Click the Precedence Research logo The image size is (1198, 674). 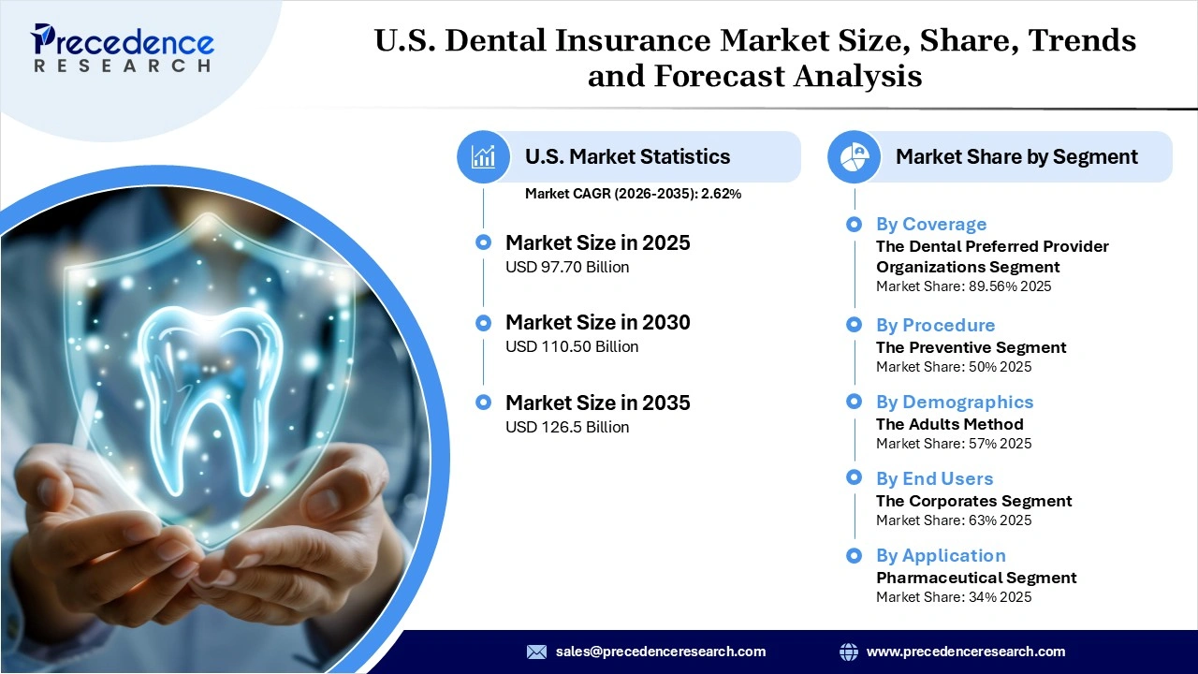[123, 48]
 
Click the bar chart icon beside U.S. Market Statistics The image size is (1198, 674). [484, 156]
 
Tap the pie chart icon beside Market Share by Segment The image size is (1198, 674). [855, 156]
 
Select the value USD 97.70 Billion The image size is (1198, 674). [567, 267]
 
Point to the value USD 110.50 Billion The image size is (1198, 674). [572, 346]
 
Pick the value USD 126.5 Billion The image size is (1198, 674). [567, 427]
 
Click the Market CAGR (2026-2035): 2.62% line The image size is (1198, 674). [633, 194]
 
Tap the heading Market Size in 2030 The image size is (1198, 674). [597, 323]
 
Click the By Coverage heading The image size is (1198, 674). [931, 225]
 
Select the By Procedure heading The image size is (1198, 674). [935, 326]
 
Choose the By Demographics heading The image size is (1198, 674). [955, 403]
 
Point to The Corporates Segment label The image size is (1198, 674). [973, 501]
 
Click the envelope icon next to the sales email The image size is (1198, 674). [536, 652]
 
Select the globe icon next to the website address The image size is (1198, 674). [849, 652]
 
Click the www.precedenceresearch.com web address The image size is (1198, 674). [966, 652]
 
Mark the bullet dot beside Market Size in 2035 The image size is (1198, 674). [483, 403]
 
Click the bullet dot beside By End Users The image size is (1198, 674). [854, 478]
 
